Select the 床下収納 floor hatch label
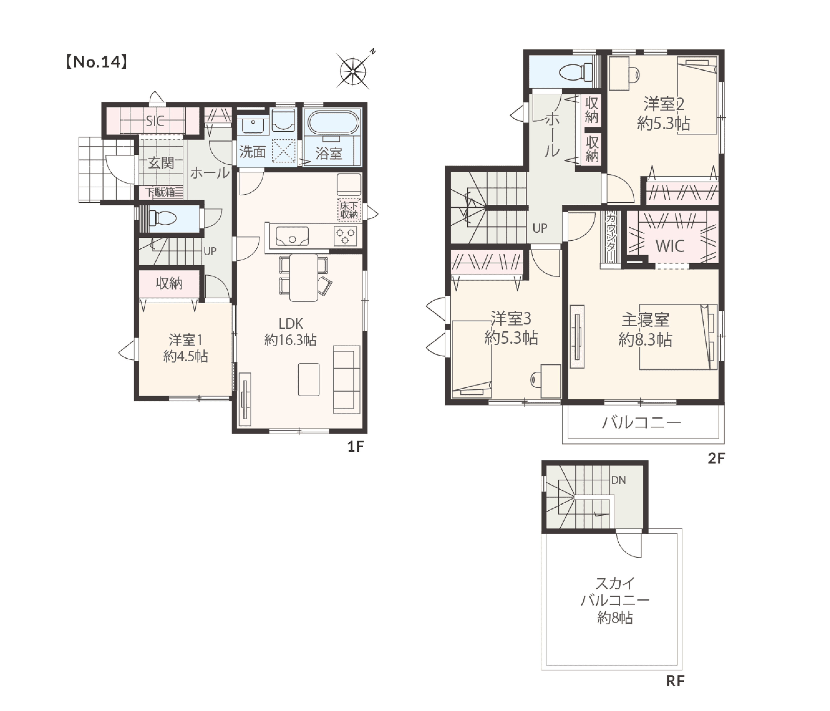[349, 210]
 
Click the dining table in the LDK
[304, 277]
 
